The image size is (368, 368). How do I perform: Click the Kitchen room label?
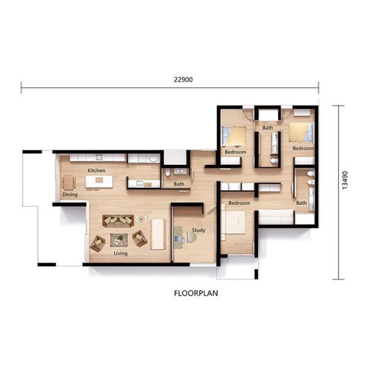point(96,170)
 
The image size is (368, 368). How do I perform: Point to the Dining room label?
point(69,195)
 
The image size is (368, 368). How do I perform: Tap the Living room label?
point(120,253)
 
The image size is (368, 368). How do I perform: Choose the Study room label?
point(198,230)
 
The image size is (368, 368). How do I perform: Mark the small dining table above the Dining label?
point(68,183)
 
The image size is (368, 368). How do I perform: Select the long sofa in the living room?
point(117,220)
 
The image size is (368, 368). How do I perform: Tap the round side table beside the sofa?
point(142,219)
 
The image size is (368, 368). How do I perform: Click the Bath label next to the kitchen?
point(178,183)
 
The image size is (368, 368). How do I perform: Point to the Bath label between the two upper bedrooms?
point(268,128)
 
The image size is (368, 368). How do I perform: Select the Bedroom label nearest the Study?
point(239,202)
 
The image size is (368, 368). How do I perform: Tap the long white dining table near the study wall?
point(158,233)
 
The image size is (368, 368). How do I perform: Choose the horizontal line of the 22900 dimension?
point(92,88)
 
